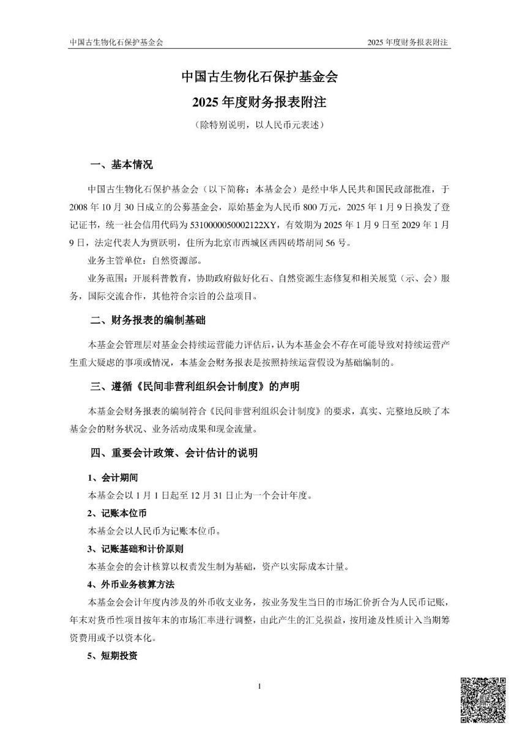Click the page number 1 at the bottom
(259, 686)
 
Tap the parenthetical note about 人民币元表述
(259, 125)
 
